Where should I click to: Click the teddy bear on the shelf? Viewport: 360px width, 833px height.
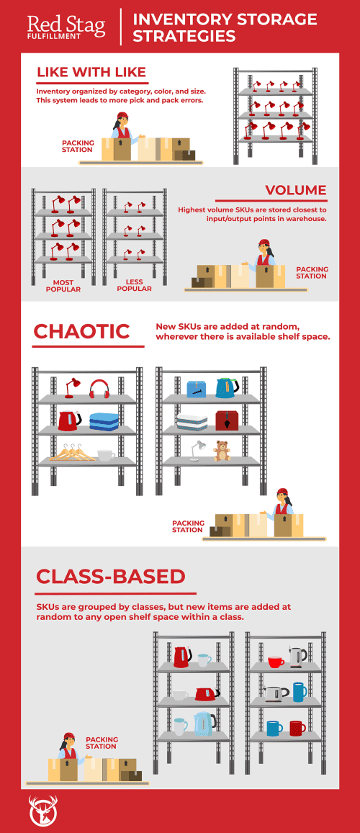pos(222,451)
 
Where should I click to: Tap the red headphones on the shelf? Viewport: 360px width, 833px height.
pos(99,390)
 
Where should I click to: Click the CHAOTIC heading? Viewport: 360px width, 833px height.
pos(81,331)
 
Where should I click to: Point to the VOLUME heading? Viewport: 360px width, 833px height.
pos(295,190)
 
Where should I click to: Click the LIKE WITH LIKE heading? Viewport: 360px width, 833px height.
pos(91,72)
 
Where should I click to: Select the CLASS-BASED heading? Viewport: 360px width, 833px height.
pos(111,576)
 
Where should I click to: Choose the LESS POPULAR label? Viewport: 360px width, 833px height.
pos(134,286)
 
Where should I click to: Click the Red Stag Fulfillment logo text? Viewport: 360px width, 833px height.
pos(66,27)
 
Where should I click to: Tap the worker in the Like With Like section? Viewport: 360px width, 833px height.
pos(120,132)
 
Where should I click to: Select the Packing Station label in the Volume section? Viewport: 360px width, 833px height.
pos(312,272)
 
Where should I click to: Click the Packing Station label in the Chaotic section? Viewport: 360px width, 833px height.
pos(188,526)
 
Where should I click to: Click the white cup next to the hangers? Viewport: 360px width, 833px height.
pos(105,455)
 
